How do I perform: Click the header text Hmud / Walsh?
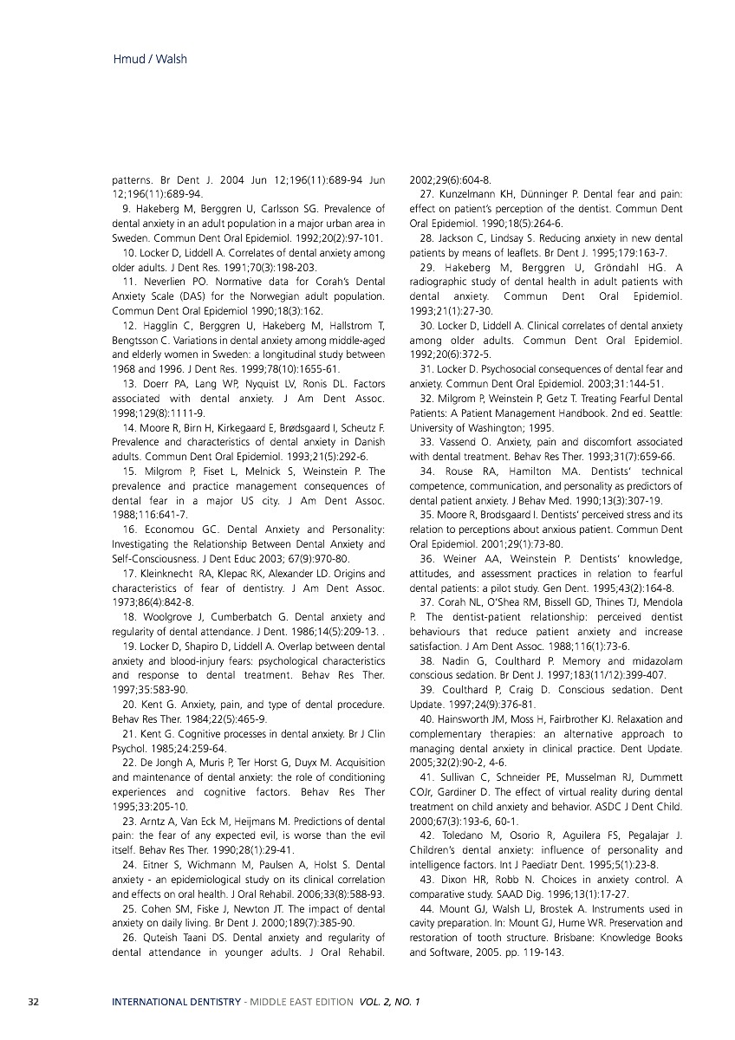pos(150,60)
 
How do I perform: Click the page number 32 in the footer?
pos(34,1003)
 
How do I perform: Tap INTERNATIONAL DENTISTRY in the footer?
pos(177,1003)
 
